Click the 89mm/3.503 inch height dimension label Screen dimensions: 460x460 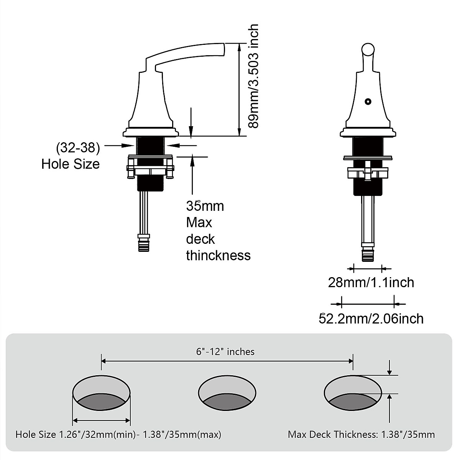(x=253, y=77)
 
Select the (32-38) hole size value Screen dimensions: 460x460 (x=78, y=147)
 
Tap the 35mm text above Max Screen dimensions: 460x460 (x=205, y=206)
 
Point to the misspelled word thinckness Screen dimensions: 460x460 (x=218, y=255)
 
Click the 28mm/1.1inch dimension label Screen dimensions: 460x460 (x=371, y=283)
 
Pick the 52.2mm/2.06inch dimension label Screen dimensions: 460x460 (x=371, y=319)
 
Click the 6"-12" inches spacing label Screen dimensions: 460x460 (x=225, y=352)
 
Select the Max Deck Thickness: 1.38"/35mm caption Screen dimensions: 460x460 (x=361, y=434)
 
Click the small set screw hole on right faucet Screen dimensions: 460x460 (x=368, y=102)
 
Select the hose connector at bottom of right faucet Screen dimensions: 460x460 (x=368, y=254)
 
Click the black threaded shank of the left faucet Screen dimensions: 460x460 (x=151, y=146)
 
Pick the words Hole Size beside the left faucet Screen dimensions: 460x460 (x=71, y=164)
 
